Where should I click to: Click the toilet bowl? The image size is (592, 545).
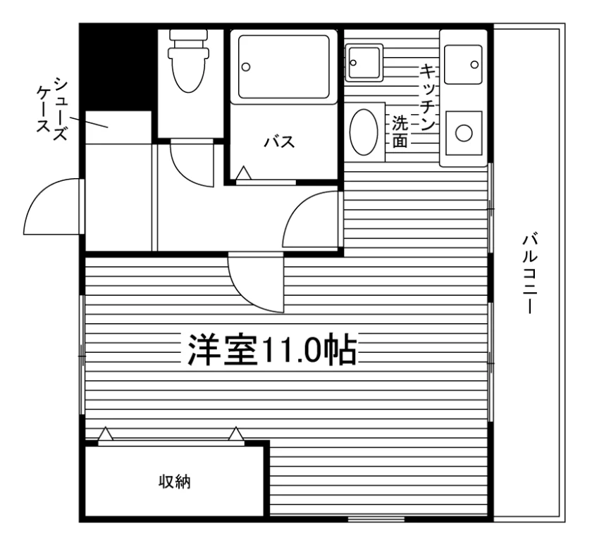[x=188, y=70]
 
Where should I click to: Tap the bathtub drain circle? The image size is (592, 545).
[x=246, y=67]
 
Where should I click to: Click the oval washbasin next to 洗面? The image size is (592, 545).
[x=364, y=132]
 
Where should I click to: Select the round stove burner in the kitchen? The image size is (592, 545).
[x=464, y=133]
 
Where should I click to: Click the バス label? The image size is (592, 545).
[x=279, y=142]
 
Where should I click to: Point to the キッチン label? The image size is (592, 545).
[x=428, y=97]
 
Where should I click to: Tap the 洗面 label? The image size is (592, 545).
[x=400, y=131]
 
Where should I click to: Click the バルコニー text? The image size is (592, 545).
[x=531, y=274]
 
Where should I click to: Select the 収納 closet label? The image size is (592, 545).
[x=174, y=482]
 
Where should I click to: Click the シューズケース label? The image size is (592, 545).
[x=52, y=108]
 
